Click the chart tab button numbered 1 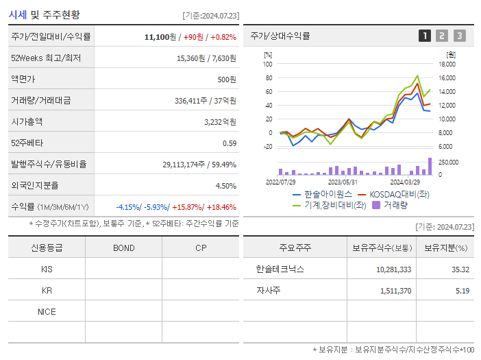425,36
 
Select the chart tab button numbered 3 459,36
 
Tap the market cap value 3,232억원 220,121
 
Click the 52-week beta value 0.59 230,143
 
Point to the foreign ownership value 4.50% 226,185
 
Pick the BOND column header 123,248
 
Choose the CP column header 201,248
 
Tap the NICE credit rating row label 47,311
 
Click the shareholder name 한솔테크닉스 280,269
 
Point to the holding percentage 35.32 460,269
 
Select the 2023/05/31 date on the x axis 343,182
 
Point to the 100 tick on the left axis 268,64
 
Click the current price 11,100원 160,36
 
